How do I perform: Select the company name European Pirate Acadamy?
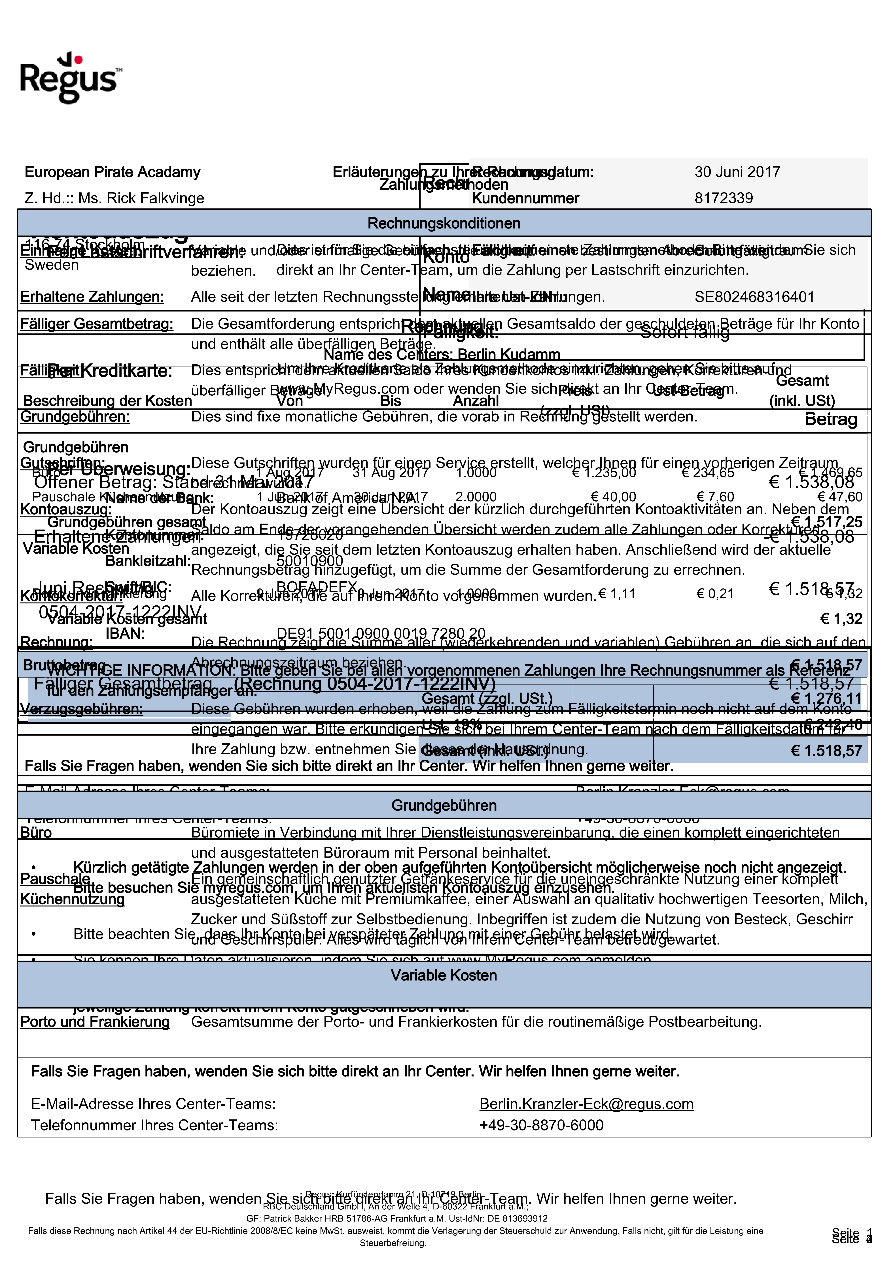pos(112,172)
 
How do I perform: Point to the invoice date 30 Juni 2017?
pos(737,172)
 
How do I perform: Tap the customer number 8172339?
pos(723,198)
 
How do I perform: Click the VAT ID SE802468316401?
pos(754,297)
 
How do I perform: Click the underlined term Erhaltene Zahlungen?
pos(92,297)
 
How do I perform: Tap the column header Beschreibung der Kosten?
pos(107,401)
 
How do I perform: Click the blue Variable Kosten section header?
pos(444,975)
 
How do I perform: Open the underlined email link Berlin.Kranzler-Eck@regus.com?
pos(586,1104)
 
